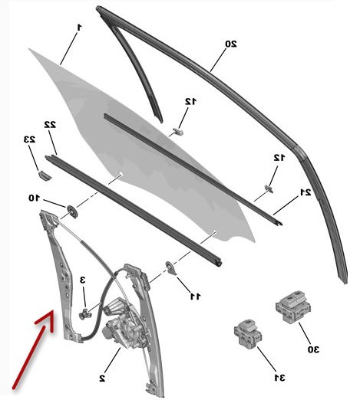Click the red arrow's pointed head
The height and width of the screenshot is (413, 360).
pyautogui.click(x=51, y=315)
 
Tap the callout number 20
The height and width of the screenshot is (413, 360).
pyautogui.click(x=231, y=44)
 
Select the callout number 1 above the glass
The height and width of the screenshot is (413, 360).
pyautogui.click(x=79, y=27)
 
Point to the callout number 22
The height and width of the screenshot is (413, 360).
pyautogui.click(x=50, y=125)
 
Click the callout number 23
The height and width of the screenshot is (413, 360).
pyautogui.click(x=29, y=139)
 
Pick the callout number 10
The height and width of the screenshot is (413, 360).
pyautogui.click(x=34, y=198)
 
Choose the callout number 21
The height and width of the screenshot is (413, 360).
pyautogui.click(x=306, y=192)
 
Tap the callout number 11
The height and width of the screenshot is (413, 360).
pyautogui.click(x=196, y=297)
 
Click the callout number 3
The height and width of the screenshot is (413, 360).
pyautogui.click(x=83, y=280)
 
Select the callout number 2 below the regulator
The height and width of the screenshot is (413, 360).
pyautogui.click(x=102, y=379)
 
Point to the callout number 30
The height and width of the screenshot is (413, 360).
pyautogui.click(x=313, y=349)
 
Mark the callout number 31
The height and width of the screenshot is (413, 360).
pyautogui.click(x=279, y=378)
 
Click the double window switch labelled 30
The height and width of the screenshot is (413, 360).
pyautogui.click(x=293, y=306)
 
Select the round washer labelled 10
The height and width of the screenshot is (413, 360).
pyautogui.click(x=72, y=211)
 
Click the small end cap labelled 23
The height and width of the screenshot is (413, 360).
pyautogui.click(x=45, y=175)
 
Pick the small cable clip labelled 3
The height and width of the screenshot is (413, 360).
pyautogui.click(x=84, y=313)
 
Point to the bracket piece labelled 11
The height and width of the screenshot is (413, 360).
pyautogui.click(x=170, y=268)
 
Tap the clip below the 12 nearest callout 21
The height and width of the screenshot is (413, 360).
pyautogui.click(x=269, y=188)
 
